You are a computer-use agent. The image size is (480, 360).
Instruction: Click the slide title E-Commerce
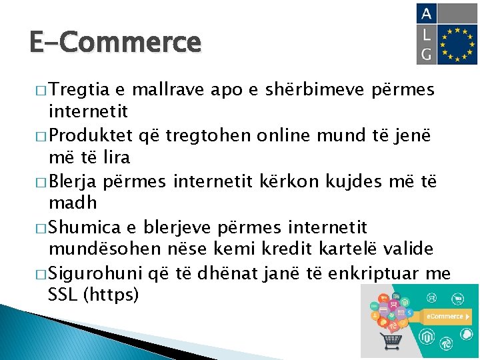[x=115, y=43]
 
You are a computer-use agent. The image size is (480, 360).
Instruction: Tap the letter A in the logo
[x=426, y=14]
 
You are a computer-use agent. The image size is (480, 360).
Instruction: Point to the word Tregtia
[x=79, y=89]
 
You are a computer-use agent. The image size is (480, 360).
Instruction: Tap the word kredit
[x=322, y=249]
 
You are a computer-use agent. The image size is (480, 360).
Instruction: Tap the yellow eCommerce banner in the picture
[x=444, y=317]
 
